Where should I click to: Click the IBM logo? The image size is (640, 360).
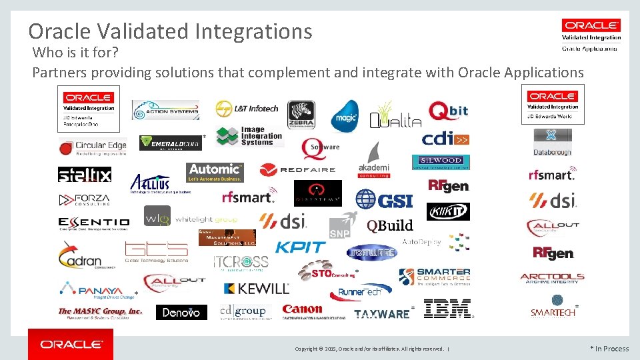pos(447,309)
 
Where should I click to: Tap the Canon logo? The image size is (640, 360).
pos(302,310)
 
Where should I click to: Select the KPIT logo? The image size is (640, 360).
pos(300,247)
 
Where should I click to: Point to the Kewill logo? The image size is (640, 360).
pos(256,289)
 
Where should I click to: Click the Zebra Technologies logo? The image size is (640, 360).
pos(301,115)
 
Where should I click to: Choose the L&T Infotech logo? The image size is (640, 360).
pos(247,109)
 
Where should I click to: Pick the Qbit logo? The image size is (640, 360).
pos(448,111)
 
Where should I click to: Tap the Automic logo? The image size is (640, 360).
pos(215,172)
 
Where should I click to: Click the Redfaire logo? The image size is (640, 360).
pos(297,169)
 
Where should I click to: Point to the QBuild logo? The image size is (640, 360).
pos(390,225)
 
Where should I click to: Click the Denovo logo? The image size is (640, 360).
pos(181,312)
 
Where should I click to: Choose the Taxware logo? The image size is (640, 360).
pos(381,313)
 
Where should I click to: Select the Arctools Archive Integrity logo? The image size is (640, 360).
pos(552,279)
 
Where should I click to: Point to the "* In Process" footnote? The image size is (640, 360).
pos(609,349)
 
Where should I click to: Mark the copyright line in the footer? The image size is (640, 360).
pos(371,349)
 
